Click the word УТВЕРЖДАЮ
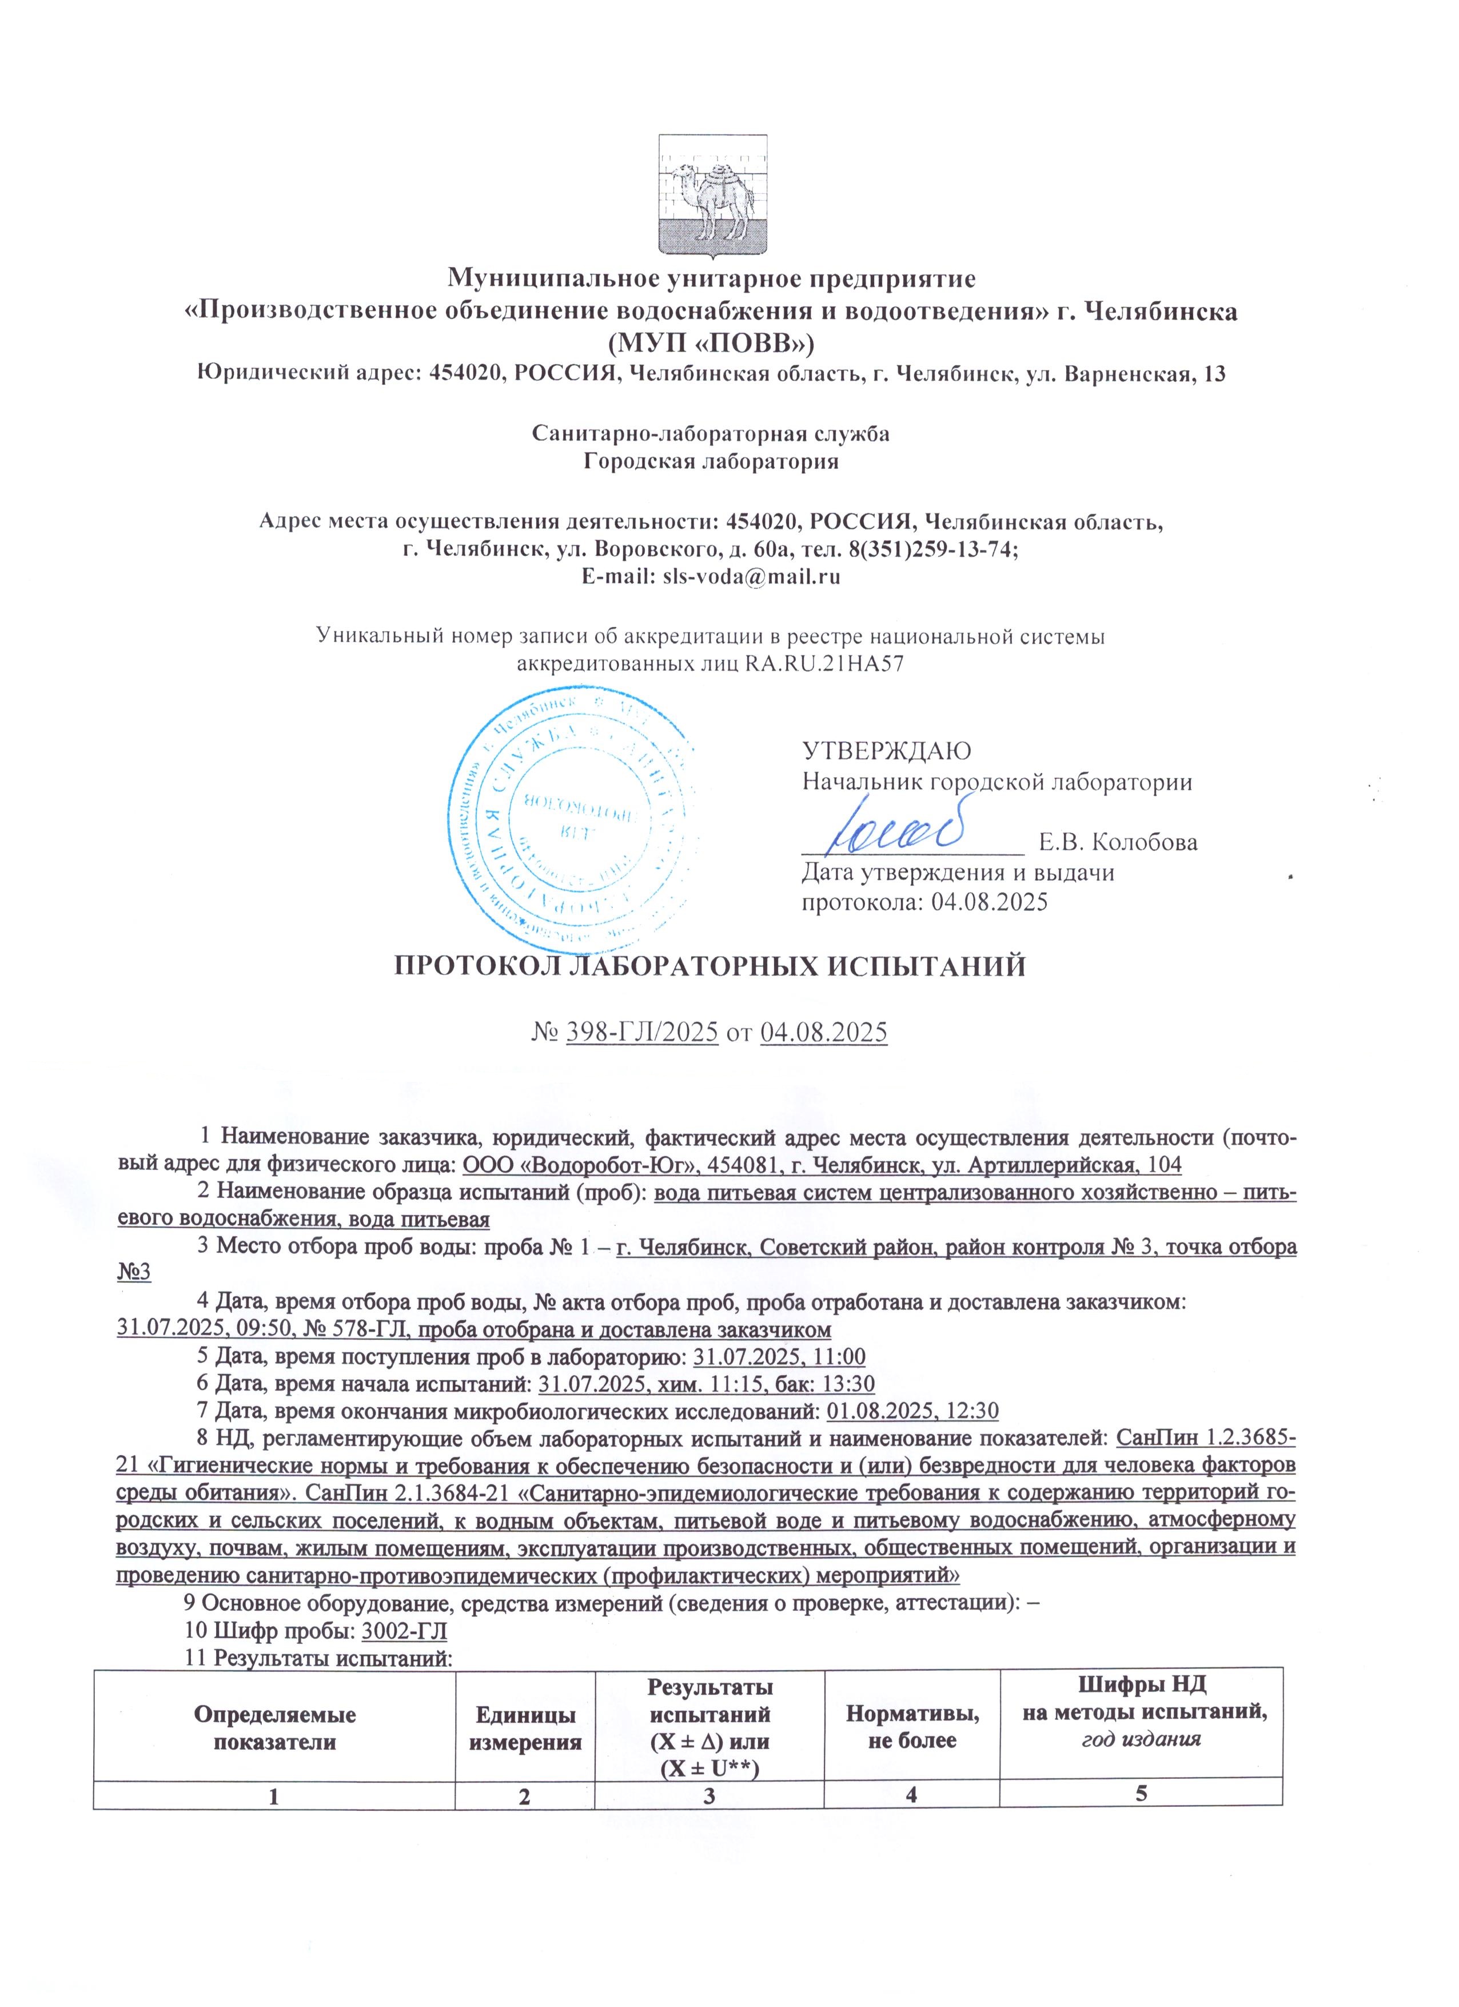tap(886, 750)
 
